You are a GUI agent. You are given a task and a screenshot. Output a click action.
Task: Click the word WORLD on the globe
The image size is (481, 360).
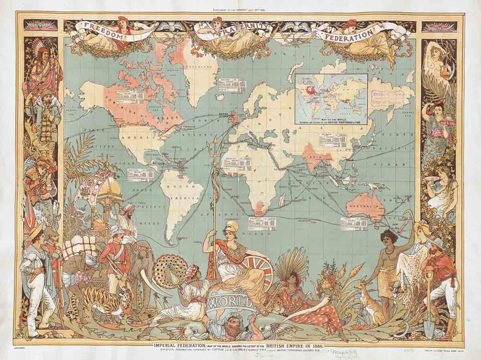click(230, 301)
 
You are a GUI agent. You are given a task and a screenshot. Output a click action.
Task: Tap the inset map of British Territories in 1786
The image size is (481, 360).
click(331, 98)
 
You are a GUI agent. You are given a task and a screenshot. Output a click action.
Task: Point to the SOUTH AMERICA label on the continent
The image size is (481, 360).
click(182, 192)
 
